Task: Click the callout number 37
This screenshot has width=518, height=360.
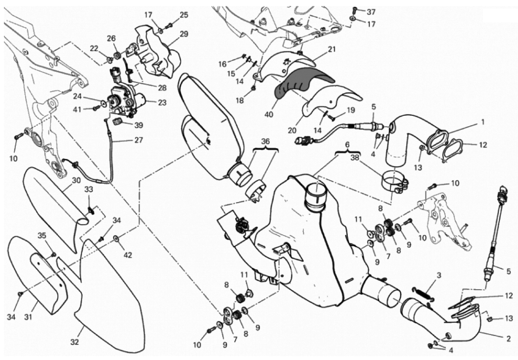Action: [371, 12]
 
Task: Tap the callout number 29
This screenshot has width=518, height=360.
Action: [184, 34]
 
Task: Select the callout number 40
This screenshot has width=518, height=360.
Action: [269, 115]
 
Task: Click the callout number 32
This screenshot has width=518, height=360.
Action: [75, 342]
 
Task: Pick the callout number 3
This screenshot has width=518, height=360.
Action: [439, 275]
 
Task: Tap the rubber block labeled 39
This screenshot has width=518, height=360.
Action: [118, 121]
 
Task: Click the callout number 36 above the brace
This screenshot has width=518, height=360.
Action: [265, 141]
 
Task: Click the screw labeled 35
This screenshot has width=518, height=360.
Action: [54, 254]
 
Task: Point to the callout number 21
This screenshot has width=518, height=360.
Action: [332, 49]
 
